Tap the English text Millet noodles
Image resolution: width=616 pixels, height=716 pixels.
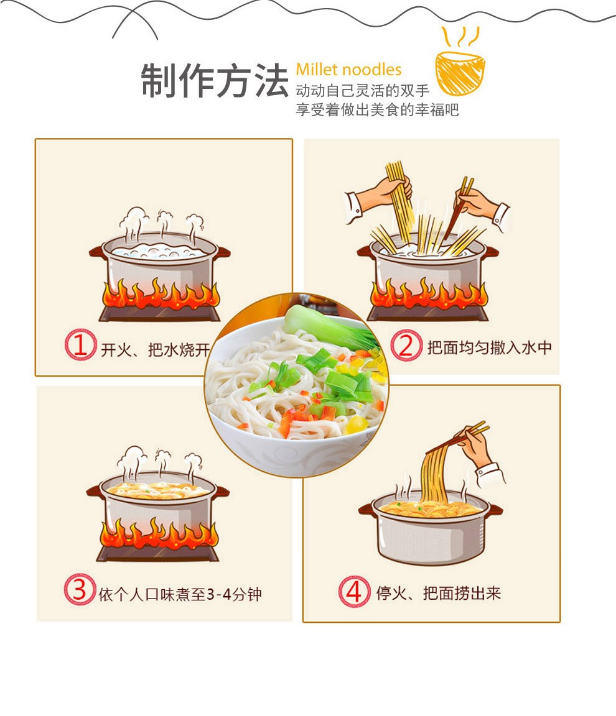[348, 70]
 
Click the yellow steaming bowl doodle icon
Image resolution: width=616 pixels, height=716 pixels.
[459, 65]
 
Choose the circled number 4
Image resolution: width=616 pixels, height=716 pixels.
[354, 591]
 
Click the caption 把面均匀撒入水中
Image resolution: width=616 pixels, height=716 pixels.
[489, 347]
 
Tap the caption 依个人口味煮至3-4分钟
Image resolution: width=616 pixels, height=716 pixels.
[180, 594]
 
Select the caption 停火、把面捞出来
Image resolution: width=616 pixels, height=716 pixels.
[439, 593]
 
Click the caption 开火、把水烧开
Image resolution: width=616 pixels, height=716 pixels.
[156, 350]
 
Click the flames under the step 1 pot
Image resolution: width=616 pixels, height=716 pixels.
[159, 296]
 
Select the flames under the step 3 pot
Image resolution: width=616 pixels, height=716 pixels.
[159, 535]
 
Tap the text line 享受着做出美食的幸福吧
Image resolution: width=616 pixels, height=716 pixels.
[377, 110]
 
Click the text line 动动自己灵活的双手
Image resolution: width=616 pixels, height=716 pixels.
[362, 91]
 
